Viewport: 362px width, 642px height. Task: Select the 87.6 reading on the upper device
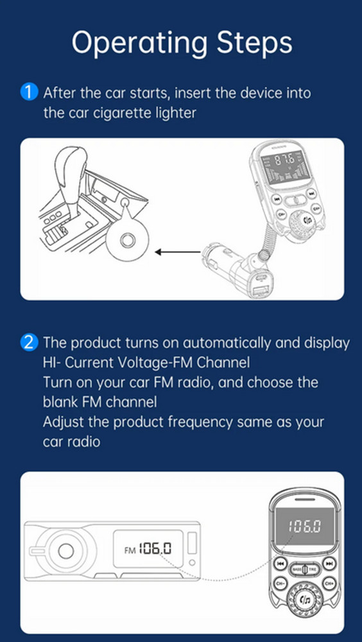[x=284, y=160]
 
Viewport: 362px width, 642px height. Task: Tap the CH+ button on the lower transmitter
[x=329, y=584]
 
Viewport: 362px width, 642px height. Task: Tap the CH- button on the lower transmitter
[x=279, y=584]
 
